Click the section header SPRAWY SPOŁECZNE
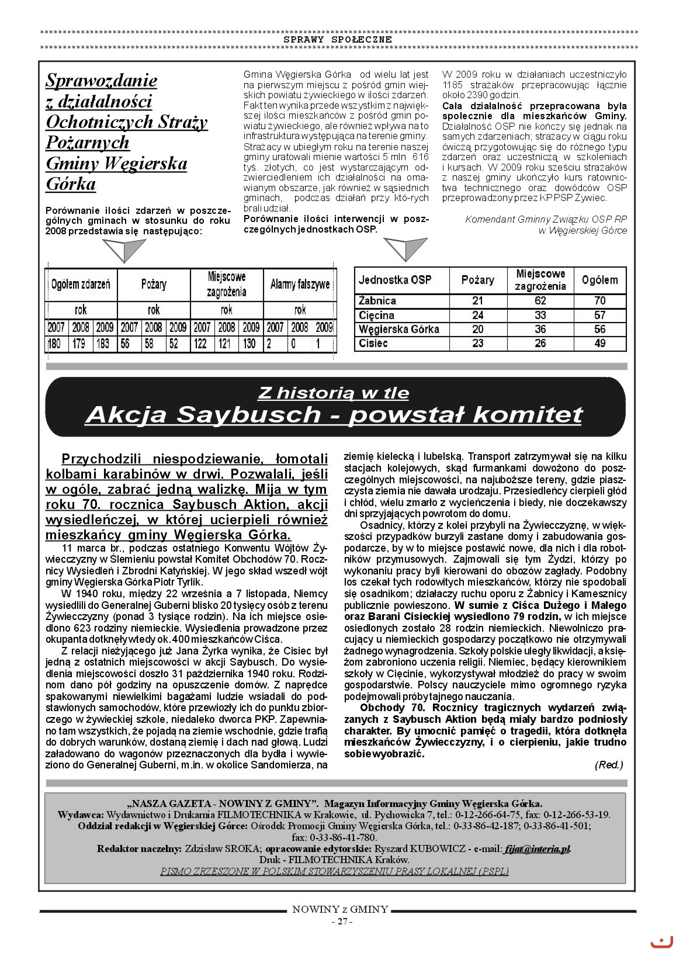coord(338,39)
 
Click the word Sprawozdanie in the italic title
coord(101,80)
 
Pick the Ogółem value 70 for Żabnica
coord(599,301)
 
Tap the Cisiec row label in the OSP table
coord(373,344)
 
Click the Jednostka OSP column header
coord(395,280)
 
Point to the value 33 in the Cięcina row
coord(540,316)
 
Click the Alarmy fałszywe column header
coord(300,285)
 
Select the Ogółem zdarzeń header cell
coord(81,285)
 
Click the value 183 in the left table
coord(104,344)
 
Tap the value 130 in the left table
coord(249,344)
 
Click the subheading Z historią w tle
coord(333,393)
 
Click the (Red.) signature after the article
coord(609,765)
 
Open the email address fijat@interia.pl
coord(538,849)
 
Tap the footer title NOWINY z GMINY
coord(340,909)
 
